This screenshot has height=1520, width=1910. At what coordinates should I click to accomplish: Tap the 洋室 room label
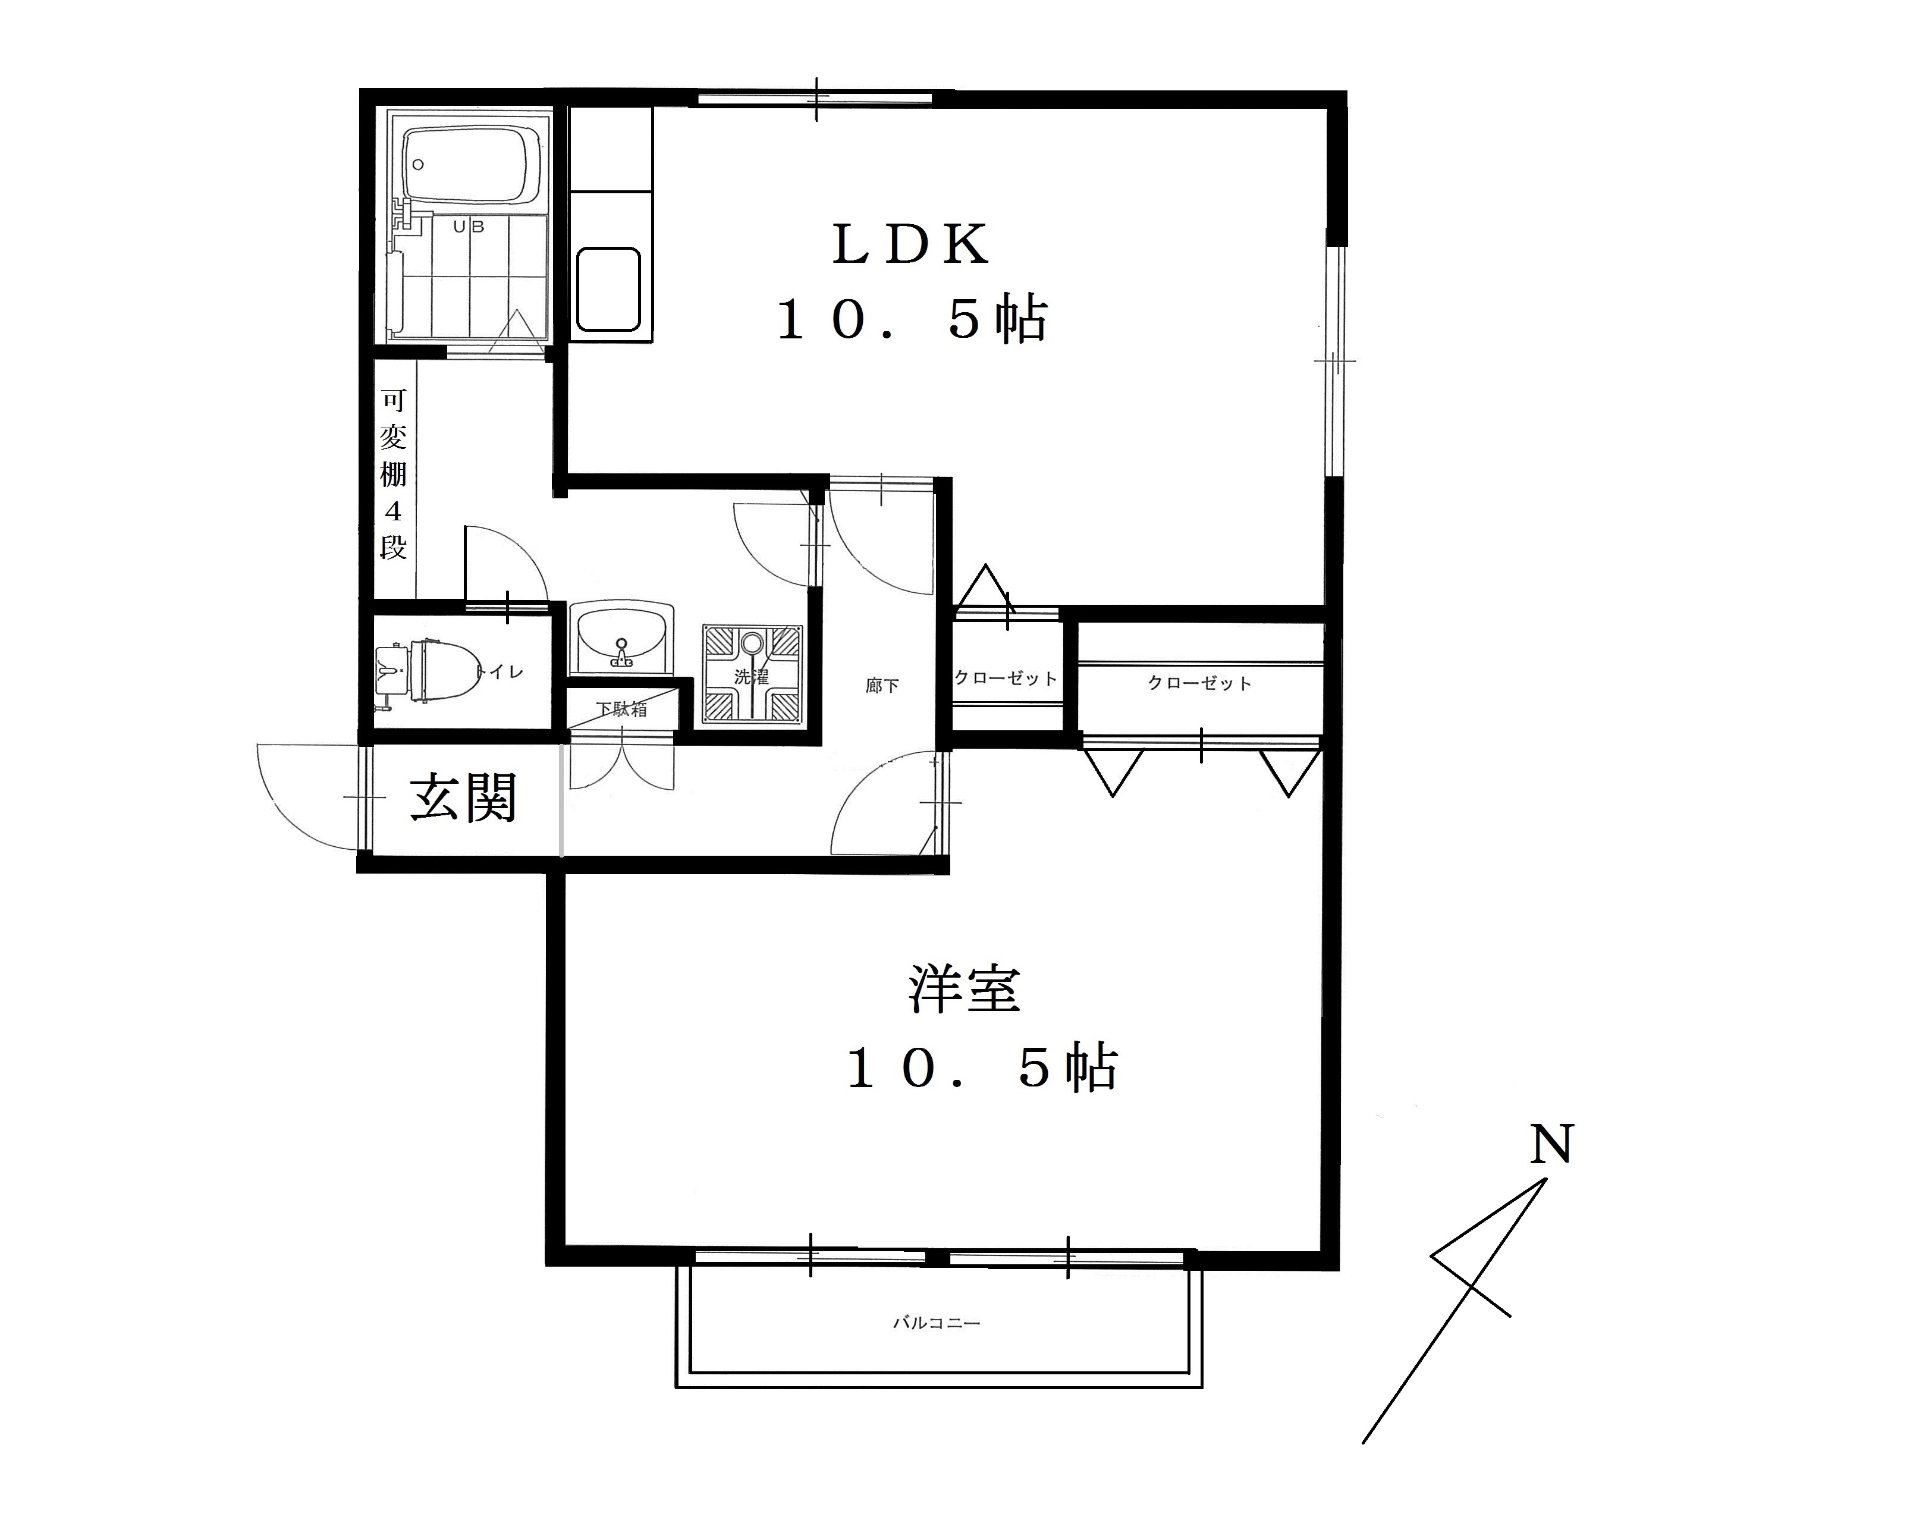tap(964, 990)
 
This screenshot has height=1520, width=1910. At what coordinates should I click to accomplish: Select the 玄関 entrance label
tap(463, 798)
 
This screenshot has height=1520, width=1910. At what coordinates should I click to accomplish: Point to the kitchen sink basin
tap(608, 289)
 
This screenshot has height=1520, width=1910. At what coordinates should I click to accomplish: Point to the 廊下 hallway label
tap(882, 686)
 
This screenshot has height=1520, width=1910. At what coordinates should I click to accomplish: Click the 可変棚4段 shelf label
tap(393, 474)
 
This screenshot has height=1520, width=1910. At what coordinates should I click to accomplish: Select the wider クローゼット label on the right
tap(1199, 683)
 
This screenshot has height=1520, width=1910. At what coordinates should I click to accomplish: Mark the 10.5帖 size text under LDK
tap(912, 319)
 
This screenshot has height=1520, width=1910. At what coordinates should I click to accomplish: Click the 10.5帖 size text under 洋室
tap(982, 1068)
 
